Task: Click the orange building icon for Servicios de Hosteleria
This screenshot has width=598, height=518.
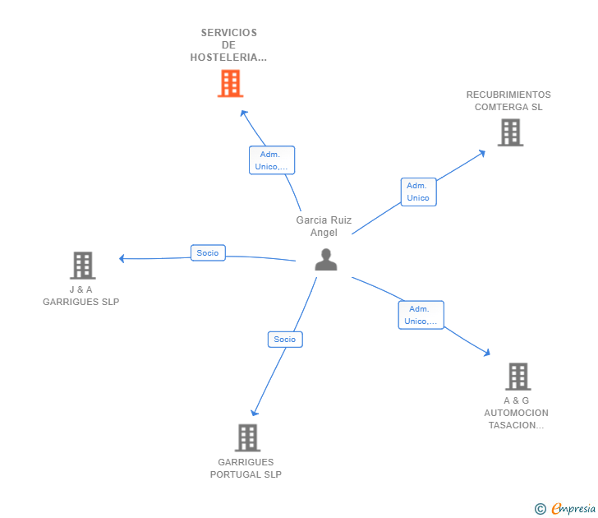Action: [230, 83]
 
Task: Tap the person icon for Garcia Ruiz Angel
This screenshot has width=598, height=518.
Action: [326, 259]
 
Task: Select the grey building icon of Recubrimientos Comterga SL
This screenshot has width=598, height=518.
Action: [510, 132]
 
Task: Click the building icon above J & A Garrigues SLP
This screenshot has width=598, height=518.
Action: [82, 265]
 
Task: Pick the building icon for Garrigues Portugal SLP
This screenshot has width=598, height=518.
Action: [247, 437]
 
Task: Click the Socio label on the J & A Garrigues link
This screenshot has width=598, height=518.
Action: [208, 253]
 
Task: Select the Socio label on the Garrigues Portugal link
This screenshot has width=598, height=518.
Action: [285, 339]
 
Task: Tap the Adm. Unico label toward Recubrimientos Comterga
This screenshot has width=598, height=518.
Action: [418, 192]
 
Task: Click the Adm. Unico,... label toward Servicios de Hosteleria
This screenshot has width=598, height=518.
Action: [271, 160]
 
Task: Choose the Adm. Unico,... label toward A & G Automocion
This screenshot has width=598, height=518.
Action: [421, 315]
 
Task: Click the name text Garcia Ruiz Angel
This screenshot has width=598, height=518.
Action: [324, 226]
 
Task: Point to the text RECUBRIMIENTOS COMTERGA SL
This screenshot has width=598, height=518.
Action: [508, 101]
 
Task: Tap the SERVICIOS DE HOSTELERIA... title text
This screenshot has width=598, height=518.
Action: [228, 45]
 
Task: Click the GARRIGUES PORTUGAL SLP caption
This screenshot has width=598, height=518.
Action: [246, 468]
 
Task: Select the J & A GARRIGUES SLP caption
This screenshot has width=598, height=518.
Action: [81, 296]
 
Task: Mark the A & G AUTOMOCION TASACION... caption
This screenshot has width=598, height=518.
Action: [516, 413]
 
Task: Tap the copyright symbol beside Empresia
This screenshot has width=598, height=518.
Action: [540, 509]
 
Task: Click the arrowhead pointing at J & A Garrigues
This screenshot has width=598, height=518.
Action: [122, 258]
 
